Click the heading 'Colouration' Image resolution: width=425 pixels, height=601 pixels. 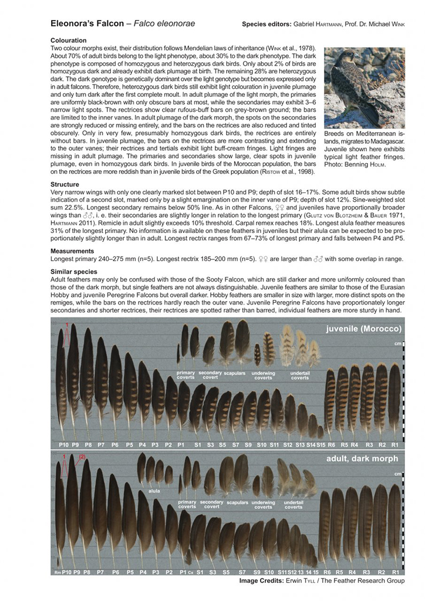(x=69, y=40)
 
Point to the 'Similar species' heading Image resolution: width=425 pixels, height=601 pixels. (x=73, y=272)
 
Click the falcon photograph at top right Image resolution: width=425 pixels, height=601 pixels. (x=363, y=87)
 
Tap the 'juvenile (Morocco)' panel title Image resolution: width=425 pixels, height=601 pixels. (x=363, y=329)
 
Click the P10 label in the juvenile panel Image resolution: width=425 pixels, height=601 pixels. (x=64, y=445)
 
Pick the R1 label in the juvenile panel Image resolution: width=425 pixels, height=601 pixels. (x=395, y=445)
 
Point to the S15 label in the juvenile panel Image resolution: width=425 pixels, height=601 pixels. (x=321, y=445)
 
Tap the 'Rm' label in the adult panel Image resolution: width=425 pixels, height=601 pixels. (x=58, y=571)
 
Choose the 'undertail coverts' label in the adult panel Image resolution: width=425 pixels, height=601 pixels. (x=294, y=505)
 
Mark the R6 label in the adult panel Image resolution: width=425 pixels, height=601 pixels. (x=326, y=571)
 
